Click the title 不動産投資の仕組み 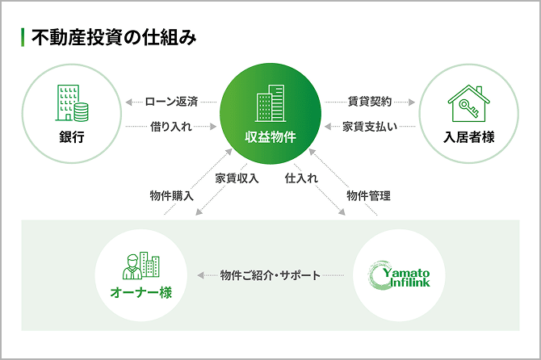pos(114,38)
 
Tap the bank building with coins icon pos(72,103)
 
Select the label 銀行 pos(72,137)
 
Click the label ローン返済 pos(171,102)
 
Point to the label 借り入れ pos(171,127)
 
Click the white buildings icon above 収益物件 pos(270,103)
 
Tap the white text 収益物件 pos(270,137)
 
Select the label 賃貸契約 pos(370,102)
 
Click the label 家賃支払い pos(370,127)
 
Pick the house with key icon pos(468,103)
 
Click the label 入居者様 pos(469,137)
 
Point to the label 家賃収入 pos(237,178)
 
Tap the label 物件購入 pos(171,196)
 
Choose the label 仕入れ pos(301,178)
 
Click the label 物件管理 pos(368,196)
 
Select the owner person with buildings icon pos(140,266)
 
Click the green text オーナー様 pos(141,293)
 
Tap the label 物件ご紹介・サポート pos(270,275)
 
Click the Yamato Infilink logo pos(399,275)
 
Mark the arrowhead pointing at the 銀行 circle pos(128,102)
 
